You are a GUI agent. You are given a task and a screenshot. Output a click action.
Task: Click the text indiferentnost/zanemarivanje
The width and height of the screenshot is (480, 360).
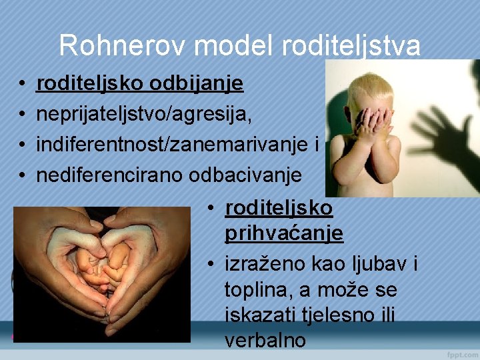[x=171, y=145]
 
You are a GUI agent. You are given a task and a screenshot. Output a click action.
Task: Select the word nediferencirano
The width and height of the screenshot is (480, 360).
[x=110, y=175]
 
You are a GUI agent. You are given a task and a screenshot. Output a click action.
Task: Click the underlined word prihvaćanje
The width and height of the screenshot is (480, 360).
[x=284, y=233]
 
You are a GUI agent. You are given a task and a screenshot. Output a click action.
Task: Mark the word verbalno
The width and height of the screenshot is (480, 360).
[x=265, y=340]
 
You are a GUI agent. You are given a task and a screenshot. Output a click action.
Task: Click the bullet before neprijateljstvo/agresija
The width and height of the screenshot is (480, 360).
[x=22, y=115]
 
